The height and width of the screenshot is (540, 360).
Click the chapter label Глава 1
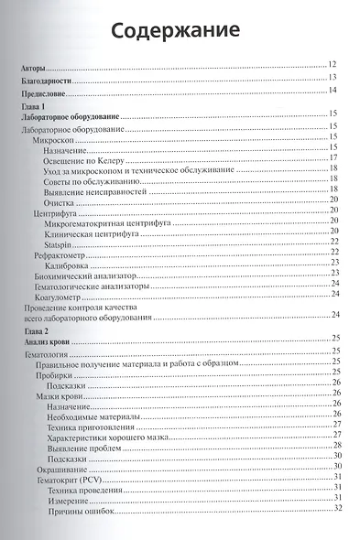(x=34, y=108)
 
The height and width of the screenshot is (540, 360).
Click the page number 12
(x=333, y=63)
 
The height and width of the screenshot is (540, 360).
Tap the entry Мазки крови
(x=56, y=399)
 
